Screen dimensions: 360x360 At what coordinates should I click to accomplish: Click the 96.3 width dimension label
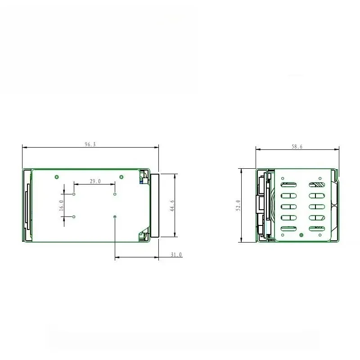[x=90, y=144]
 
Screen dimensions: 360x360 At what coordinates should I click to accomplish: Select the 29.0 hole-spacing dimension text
[x=95, y=181]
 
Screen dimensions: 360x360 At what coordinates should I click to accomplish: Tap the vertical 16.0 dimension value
[x=62, y=205]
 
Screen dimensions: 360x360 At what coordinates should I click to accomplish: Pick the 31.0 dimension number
[x=176, y=255]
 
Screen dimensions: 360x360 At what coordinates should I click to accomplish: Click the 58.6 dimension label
[x=297, y=147]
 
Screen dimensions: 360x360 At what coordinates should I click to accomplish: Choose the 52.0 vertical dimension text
[x=238, y=205]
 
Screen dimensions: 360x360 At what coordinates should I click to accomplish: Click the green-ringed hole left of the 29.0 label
[x=57, y=176]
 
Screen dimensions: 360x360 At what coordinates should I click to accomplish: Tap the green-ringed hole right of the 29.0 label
[x=121, y=176]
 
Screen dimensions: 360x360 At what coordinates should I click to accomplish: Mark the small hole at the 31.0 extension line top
[x=115, y=217]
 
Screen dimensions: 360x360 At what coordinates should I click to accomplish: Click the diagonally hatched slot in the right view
[x=317, y=184]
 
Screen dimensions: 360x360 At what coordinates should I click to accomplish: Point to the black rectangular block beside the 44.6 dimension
[x=155, y=205]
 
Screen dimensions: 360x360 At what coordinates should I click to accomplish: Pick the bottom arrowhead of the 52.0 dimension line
[x=242, y=240]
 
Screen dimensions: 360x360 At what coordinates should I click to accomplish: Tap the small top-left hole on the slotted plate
[x=283, y=178]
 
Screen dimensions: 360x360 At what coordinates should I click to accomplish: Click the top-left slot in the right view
[x=288, y=184]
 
